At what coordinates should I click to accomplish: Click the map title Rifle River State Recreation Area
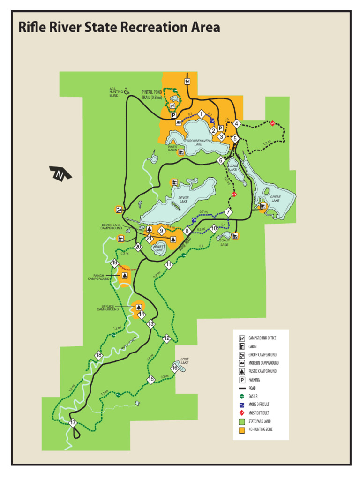click(x=119, y=28)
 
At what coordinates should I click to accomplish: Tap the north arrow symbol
click(x=60, y=174)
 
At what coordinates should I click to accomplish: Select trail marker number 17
click(x=73, y=423)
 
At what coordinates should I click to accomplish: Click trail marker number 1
click(x=201, y=114)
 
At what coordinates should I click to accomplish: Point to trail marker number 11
click(x=169, y=265)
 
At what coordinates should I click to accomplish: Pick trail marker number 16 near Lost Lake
click(x=174, y=368)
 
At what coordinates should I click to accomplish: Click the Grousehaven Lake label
click(x=198, y=142)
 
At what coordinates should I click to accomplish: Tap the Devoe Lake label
click(x=183, y=200)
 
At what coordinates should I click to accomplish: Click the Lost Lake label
click(x=185, y=361)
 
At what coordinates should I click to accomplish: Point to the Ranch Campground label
click(x=98, y=277)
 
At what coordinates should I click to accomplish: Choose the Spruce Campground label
click(x=108, y=308)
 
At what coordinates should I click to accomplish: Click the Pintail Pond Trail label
click(x=152, y=95)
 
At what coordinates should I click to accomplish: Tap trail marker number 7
click(x=228, y=212)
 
